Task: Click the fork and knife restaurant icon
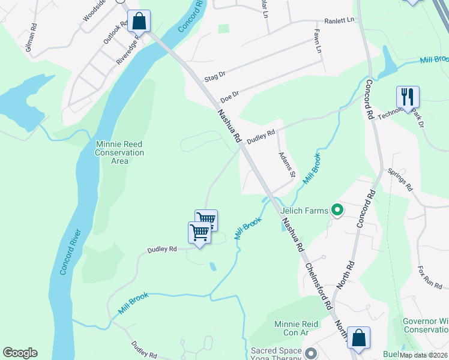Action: [407, 96]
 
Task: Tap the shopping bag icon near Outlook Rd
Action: [139, 21]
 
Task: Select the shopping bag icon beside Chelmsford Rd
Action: [358, 337]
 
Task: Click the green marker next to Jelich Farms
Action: [337, 211]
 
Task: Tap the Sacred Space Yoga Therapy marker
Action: [310, 352]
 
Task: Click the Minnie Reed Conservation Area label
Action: [120, 152]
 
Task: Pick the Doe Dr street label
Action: [229, 95]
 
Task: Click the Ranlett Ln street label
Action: [340, 20]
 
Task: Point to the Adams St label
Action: [287, 164]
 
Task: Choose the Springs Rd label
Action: [400, 179]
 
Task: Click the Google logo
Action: [20, 353]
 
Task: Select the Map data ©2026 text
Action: [423, 355]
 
